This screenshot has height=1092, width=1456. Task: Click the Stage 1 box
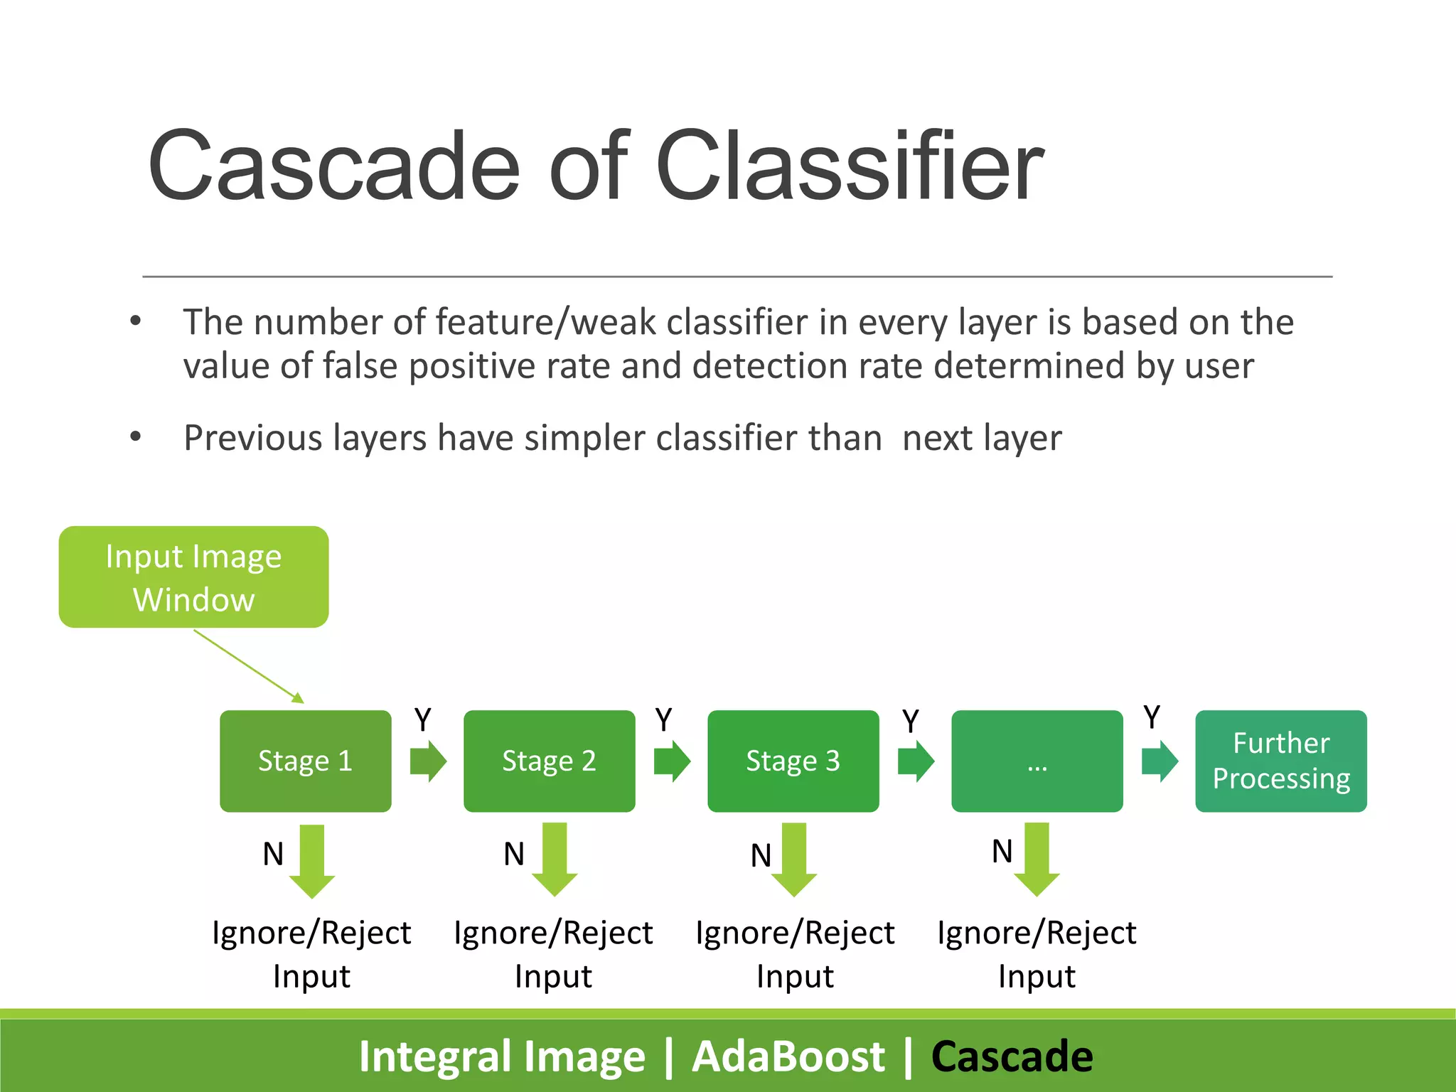tap(305, 761)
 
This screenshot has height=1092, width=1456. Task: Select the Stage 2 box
tap(549, 761)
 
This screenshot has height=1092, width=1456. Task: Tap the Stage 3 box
tap(793, 761)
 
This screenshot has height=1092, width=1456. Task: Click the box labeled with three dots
tap(1037, 761)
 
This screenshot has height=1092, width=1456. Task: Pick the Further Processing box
tap(1280, 761)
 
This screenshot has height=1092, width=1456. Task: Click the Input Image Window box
tap(193, 577)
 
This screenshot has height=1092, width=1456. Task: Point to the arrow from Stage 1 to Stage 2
tap(429, 761)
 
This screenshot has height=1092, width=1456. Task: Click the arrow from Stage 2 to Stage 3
tap(673, 761)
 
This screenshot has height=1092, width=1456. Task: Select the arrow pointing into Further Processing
tap(1160, 761)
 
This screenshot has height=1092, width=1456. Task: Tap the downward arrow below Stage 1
tap(312, 861)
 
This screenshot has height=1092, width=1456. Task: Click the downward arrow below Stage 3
tap(794, 860)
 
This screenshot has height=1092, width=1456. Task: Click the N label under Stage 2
tap(514, 854)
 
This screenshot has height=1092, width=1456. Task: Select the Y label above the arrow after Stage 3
tap(911, 721)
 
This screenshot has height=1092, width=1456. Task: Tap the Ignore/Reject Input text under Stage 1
tap(311, 953)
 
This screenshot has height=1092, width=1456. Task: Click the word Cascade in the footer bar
tap(1012, 1056)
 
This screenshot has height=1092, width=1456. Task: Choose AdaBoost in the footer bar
tap(788, 1056)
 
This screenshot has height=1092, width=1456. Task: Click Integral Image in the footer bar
tap(502, 1056)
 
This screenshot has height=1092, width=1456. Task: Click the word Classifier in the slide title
tap(849, 166)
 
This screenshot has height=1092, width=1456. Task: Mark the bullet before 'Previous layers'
tap(136, 437)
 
